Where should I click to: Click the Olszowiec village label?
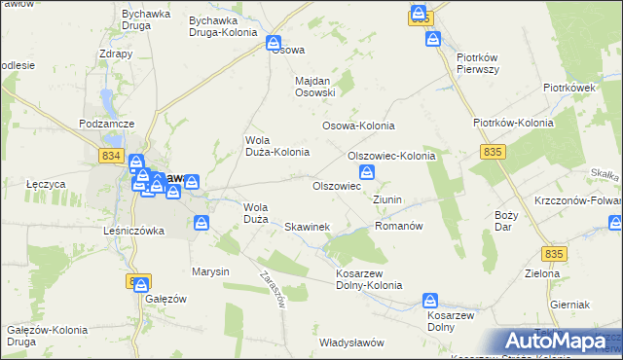336,185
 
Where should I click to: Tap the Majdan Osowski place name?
315,87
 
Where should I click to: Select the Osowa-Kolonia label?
358,126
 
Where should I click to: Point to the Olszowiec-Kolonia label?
390,156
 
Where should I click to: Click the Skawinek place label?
307,227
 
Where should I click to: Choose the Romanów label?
397,226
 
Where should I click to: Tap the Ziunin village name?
387,199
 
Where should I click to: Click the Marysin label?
209,271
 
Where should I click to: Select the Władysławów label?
352,342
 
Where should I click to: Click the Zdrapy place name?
116,54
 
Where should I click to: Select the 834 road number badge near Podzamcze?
111,155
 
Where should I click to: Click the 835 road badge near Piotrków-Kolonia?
493,151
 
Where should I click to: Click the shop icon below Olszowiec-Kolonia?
382,172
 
